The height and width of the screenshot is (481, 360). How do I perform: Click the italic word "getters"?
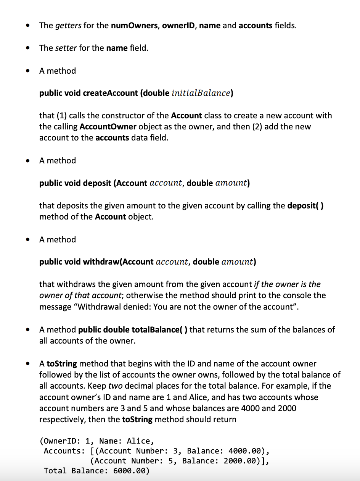(68, 26)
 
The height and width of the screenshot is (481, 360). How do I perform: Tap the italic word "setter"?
(66, 48)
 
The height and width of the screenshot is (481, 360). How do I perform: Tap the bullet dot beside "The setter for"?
(27, 48)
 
